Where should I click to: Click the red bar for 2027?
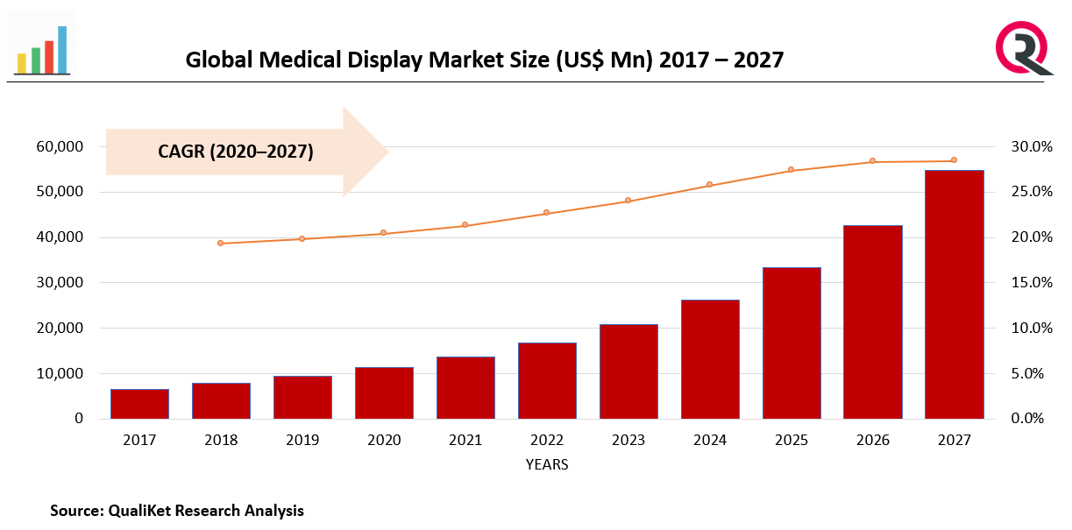click(x=954, y=294)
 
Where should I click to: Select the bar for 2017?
click(x=139, y=404)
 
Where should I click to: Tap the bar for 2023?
click(x=628, y=371)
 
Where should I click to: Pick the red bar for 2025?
click(x=791, y=343)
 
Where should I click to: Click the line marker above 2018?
click(x=221, y=243)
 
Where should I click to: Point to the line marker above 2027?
click(x=954, y=160)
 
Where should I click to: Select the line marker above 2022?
click(x=546, y=213)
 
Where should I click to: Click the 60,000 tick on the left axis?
click(x=60, y=146)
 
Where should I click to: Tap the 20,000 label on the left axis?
click(x=60, y=328)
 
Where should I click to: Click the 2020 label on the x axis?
click(x=383, y=440)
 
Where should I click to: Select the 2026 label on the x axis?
click(x=872, y=440)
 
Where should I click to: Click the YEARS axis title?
click(x=547, y=464)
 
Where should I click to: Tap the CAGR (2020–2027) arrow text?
click(x=236, y=152)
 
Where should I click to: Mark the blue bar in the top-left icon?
click(x=62, y=49)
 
